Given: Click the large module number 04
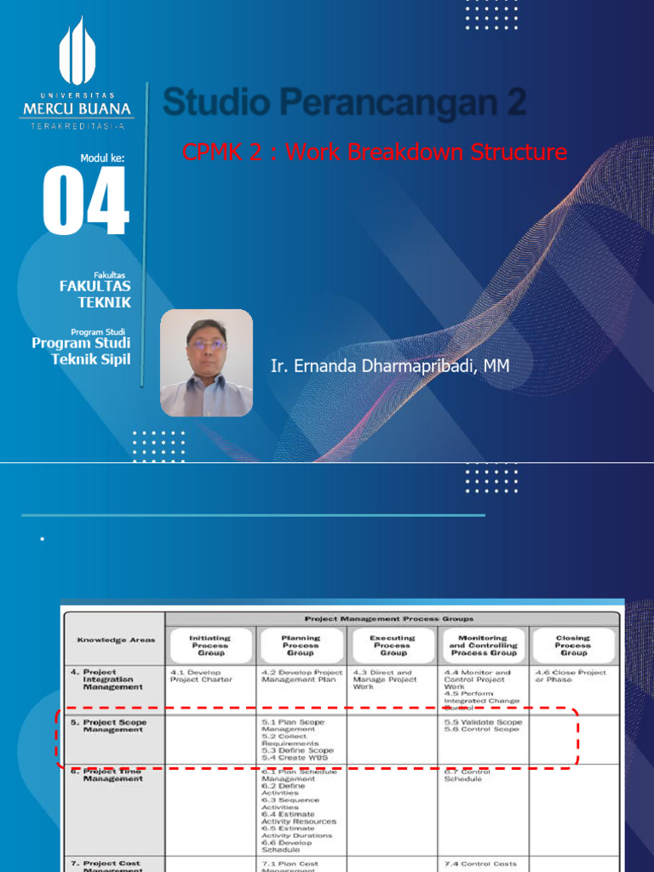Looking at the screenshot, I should (x=86, y=202).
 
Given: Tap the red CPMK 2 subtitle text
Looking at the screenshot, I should (x=374, y=152).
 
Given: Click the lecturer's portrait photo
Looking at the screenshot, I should (x=207, y=363).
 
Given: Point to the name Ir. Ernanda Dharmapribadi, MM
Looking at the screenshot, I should (x=390, y=366).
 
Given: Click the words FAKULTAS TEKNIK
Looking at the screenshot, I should (x=95, y=294).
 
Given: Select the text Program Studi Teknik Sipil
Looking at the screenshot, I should (x=82, y=351).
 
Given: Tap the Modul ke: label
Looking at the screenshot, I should (x=102, y=158).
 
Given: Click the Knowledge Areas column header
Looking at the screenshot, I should (x=116, y=640).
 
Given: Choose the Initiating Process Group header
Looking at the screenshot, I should (x=209, y=645).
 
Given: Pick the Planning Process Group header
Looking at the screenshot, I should (x=301, y=645).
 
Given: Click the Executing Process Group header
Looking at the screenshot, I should (x=393, y=645).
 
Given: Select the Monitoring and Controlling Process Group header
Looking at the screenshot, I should (x=483, y=645).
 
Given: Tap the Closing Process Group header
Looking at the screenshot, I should (x=573, y=645).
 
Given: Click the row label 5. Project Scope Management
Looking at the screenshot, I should (x=114, y=726).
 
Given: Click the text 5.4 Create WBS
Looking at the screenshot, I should (x=295, y=757).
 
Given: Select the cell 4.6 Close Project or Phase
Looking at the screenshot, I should (x=571, y=676).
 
